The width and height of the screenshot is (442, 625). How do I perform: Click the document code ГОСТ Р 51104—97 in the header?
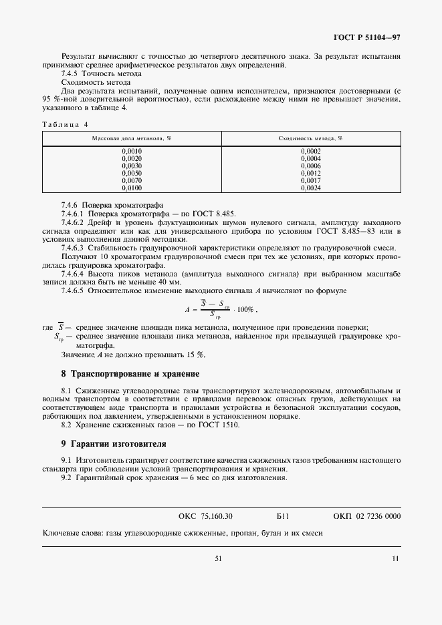pyautogui.click(x=367, y=39)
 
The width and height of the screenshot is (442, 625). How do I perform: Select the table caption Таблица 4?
pyautogui.click(x=65, y=124)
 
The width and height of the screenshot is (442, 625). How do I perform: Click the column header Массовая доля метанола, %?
pyautogui.click(x=132, y=138)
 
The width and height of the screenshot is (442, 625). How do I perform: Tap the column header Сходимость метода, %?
pyautogui.click(x=310, y=138)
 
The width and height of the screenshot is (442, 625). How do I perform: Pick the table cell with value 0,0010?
pyautogui.click(x=132, y=152)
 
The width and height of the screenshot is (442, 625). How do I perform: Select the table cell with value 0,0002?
pyautogui.click(x=310, y=152)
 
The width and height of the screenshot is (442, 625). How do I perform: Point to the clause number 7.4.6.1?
pyautogui.click(x=77, y=213)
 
